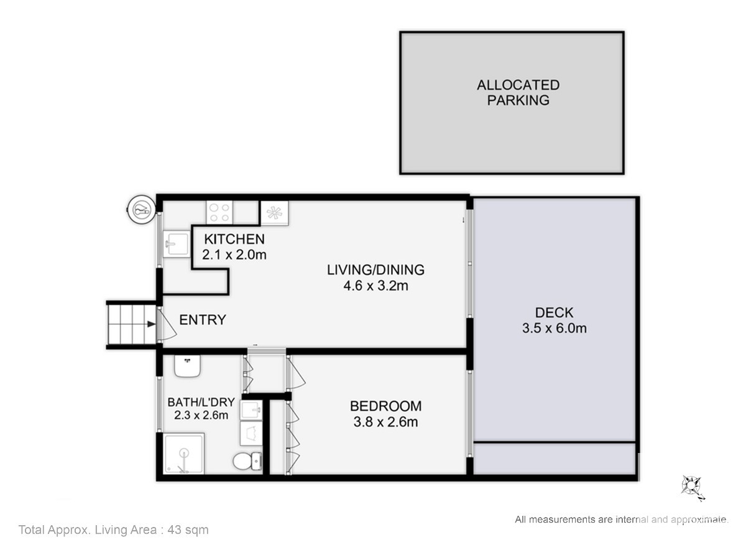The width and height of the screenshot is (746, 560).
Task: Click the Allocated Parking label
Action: click(x=518, y=93)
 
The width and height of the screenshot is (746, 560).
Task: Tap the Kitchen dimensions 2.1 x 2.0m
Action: click(x=234, y=254)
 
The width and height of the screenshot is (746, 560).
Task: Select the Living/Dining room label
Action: click(x=375, y=269)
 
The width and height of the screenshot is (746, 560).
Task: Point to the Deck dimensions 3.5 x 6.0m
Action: click(x=555, y=328)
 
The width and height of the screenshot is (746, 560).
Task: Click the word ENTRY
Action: click(x=203, y=320)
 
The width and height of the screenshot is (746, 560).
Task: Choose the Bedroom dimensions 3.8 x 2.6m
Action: click(x=385, y=422)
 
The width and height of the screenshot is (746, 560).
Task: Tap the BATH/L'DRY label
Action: click(x=201, y=402)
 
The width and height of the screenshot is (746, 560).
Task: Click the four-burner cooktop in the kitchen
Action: click(x=219, y=213)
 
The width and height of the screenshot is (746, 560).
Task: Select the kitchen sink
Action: click(x=177, y=244)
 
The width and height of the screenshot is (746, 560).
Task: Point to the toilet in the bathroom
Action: click(x=247, y=461)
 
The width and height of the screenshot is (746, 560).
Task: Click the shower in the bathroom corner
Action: click(x=184, y=453)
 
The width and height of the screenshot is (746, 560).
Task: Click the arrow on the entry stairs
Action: click(x=152, y=324)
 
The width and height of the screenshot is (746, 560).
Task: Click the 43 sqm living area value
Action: click(x=188, y=530)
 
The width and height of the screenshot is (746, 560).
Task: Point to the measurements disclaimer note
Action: click(x=622, y=519)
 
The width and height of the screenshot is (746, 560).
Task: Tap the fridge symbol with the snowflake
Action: click(x=275, y=213)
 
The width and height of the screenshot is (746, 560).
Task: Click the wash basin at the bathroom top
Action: click(x=187, y=366)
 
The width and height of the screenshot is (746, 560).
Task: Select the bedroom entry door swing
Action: click(x=297, y=373)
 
